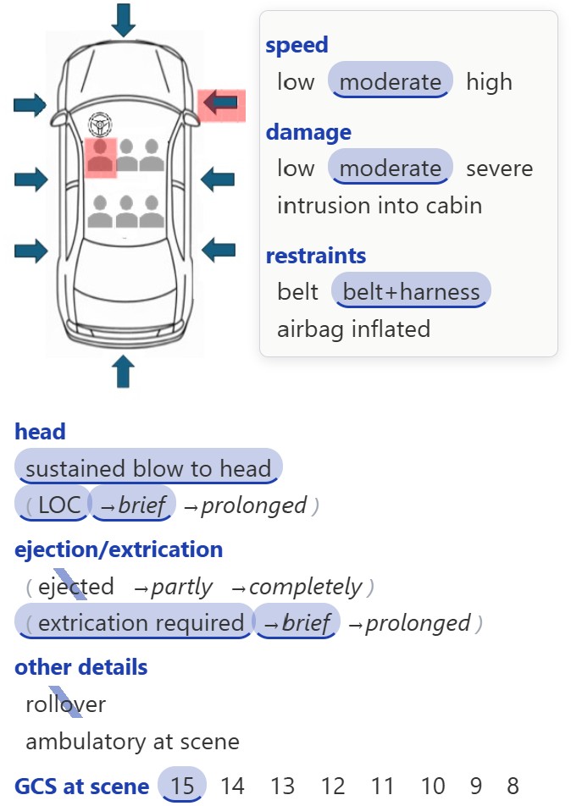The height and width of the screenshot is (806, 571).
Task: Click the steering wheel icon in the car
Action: click(x=100, y=124)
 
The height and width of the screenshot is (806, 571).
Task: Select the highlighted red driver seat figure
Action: click(x=100, y=157)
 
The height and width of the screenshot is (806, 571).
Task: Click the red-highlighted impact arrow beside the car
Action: click(x=221, y=104)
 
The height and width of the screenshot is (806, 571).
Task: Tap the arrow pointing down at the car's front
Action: click(x=124, y=20)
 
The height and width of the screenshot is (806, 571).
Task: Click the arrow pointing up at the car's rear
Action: click(x=124, y=371)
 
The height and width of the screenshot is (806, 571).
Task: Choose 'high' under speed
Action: click(x=489, y=82)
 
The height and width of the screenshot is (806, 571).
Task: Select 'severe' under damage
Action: click(x=500, y=168)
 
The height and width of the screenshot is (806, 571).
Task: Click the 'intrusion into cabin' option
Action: click(x=380, y=206)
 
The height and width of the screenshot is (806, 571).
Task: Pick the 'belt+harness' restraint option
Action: click(x=411, y=291)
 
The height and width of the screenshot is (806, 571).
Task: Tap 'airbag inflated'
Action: click(x=354, y=329)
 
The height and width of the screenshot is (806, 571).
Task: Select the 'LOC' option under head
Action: click(x=53, y=505)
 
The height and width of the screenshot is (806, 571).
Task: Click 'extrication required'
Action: click(x=135, y=622)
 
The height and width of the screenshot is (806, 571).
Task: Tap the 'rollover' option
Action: click(x=66, y=704)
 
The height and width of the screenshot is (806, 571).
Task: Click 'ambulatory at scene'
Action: click(x=133, y=742)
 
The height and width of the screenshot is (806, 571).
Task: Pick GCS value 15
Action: click(x=182, y=785)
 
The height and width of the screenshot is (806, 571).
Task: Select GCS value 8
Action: click(x=513, y=786)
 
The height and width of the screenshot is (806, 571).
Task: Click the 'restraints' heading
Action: click(x=316, y=256)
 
